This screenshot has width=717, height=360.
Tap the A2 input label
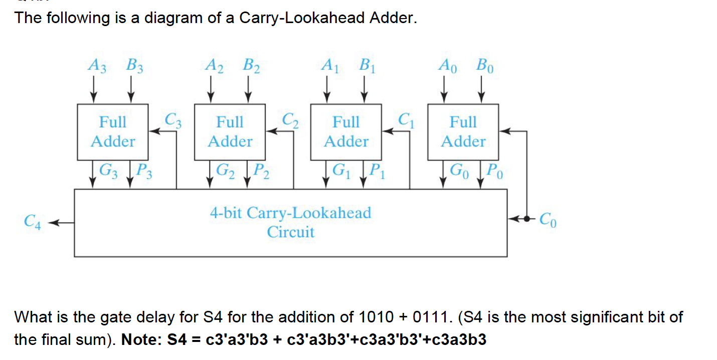(213, 65)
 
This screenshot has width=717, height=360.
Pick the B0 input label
(485, 65)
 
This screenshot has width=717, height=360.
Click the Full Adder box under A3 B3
(113, 132)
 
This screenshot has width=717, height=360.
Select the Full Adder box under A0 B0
(463, 132)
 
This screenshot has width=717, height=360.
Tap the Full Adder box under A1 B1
(346, 132)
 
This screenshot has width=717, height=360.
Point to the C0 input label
(548, 221)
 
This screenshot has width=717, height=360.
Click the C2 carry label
(290, 120)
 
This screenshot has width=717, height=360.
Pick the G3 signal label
(108, 171)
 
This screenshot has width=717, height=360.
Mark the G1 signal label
(342, 171)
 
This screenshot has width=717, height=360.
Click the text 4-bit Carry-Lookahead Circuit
(290, 222)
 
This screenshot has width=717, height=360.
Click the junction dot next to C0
(526, 219)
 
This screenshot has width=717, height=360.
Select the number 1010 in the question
(377, 317)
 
